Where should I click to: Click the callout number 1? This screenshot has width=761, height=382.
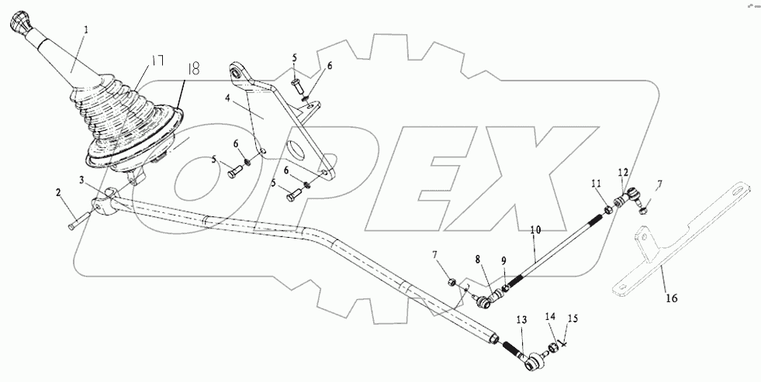(x=87, y=30)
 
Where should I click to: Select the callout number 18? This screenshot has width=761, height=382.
(x=192, y=69)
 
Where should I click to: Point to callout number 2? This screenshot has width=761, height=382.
(x=58, y=191)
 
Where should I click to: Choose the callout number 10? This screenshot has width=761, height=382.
(x=534, y=230)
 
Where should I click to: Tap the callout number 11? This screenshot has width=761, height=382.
(x=596, y=184)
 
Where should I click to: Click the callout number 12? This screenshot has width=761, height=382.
(x=623, y=171)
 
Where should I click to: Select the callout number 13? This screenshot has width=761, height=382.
(x=521, y=320)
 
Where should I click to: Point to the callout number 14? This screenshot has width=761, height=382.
(x=550, y=317)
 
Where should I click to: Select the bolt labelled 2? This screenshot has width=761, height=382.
(x=74, y=222)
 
